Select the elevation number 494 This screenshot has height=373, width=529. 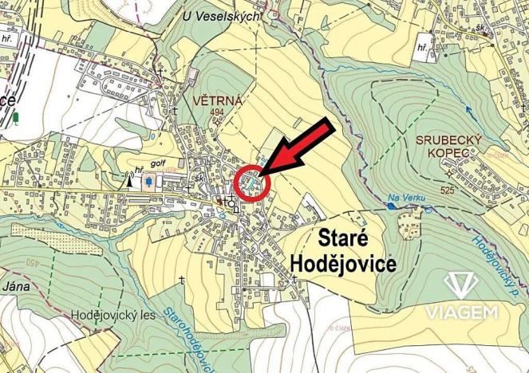[218, 112]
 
